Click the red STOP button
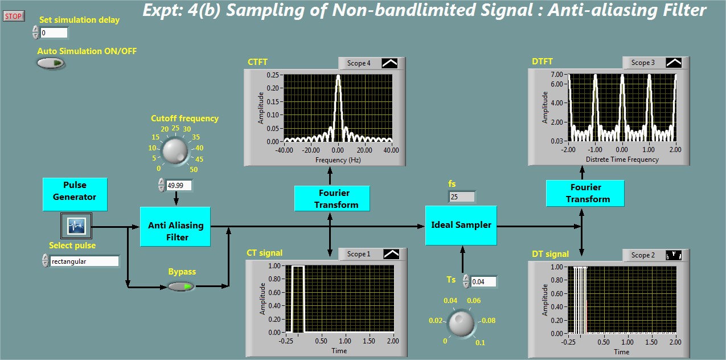[14, 16]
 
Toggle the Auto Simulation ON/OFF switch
[51, 63]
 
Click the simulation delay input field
[54, 33]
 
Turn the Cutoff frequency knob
[175, 151]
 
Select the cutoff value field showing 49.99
[179, 186]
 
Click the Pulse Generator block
[75, 194]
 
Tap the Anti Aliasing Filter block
[175, 227]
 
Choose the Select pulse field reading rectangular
[85, 261]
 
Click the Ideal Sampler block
[461, 226]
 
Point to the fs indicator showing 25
[462, 197]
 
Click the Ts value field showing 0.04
[483, 281]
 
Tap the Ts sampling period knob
[461, 324]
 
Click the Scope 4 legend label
[359, 63]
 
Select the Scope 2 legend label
[643, 255]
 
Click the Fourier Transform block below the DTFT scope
[585, 193]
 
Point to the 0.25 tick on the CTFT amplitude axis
[273, 75]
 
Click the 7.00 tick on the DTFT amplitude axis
[557, 74]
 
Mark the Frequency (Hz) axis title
[338, 160]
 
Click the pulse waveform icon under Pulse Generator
[76, 226]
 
